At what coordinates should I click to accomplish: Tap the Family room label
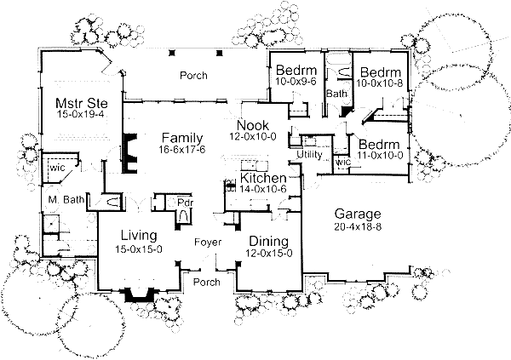click(x=183, y=137)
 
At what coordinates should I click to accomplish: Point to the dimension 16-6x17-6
click(x=183, y=150)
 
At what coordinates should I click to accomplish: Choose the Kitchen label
click(x=263, y=177)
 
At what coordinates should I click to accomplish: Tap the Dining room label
click(x=268, y=241)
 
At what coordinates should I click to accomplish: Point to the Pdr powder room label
click(x=185, y=203)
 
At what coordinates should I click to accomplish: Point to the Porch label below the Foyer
click(x=207, y=282)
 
